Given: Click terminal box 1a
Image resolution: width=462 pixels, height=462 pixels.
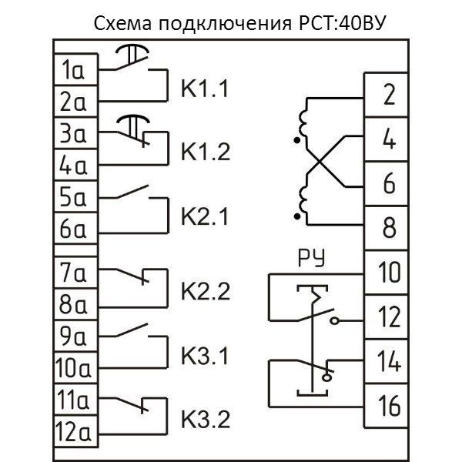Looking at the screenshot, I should coord(73,72).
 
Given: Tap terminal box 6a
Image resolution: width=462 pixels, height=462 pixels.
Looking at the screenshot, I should coord(73,229).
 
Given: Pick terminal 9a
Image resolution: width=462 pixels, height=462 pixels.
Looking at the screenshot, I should coord(73,336).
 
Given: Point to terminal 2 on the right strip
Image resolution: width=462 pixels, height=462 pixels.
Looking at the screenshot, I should coord(389,95).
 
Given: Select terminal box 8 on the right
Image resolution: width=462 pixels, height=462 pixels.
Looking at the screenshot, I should coord(389,229).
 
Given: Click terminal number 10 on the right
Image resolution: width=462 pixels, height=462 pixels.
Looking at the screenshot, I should coord(389,273).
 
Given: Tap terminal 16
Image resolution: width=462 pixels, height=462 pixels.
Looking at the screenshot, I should coord(389,405).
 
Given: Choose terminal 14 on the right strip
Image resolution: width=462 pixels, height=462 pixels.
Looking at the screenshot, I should coord(389,361).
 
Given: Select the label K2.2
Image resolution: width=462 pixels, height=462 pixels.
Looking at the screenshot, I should coord(206,292).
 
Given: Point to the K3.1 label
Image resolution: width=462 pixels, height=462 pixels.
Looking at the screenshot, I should coord(206,357).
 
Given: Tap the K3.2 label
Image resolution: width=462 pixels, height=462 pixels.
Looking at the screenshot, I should coord(206,420).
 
